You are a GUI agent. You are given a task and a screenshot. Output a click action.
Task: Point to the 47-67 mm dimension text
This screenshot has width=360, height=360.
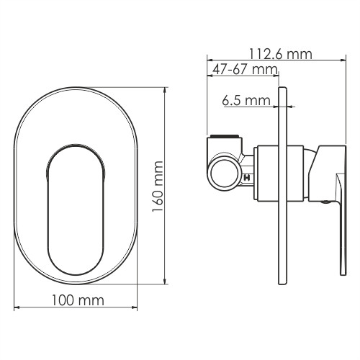[243, 69]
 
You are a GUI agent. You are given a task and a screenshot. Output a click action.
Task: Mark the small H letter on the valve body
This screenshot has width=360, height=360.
[247, 178]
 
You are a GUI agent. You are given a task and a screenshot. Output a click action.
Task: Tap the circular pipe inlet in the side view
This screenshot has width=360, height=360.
[222, 174]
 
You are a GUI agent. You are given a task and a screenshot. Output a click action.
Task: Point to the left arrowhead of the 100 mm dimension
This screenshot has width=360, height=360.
[17, 308]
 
